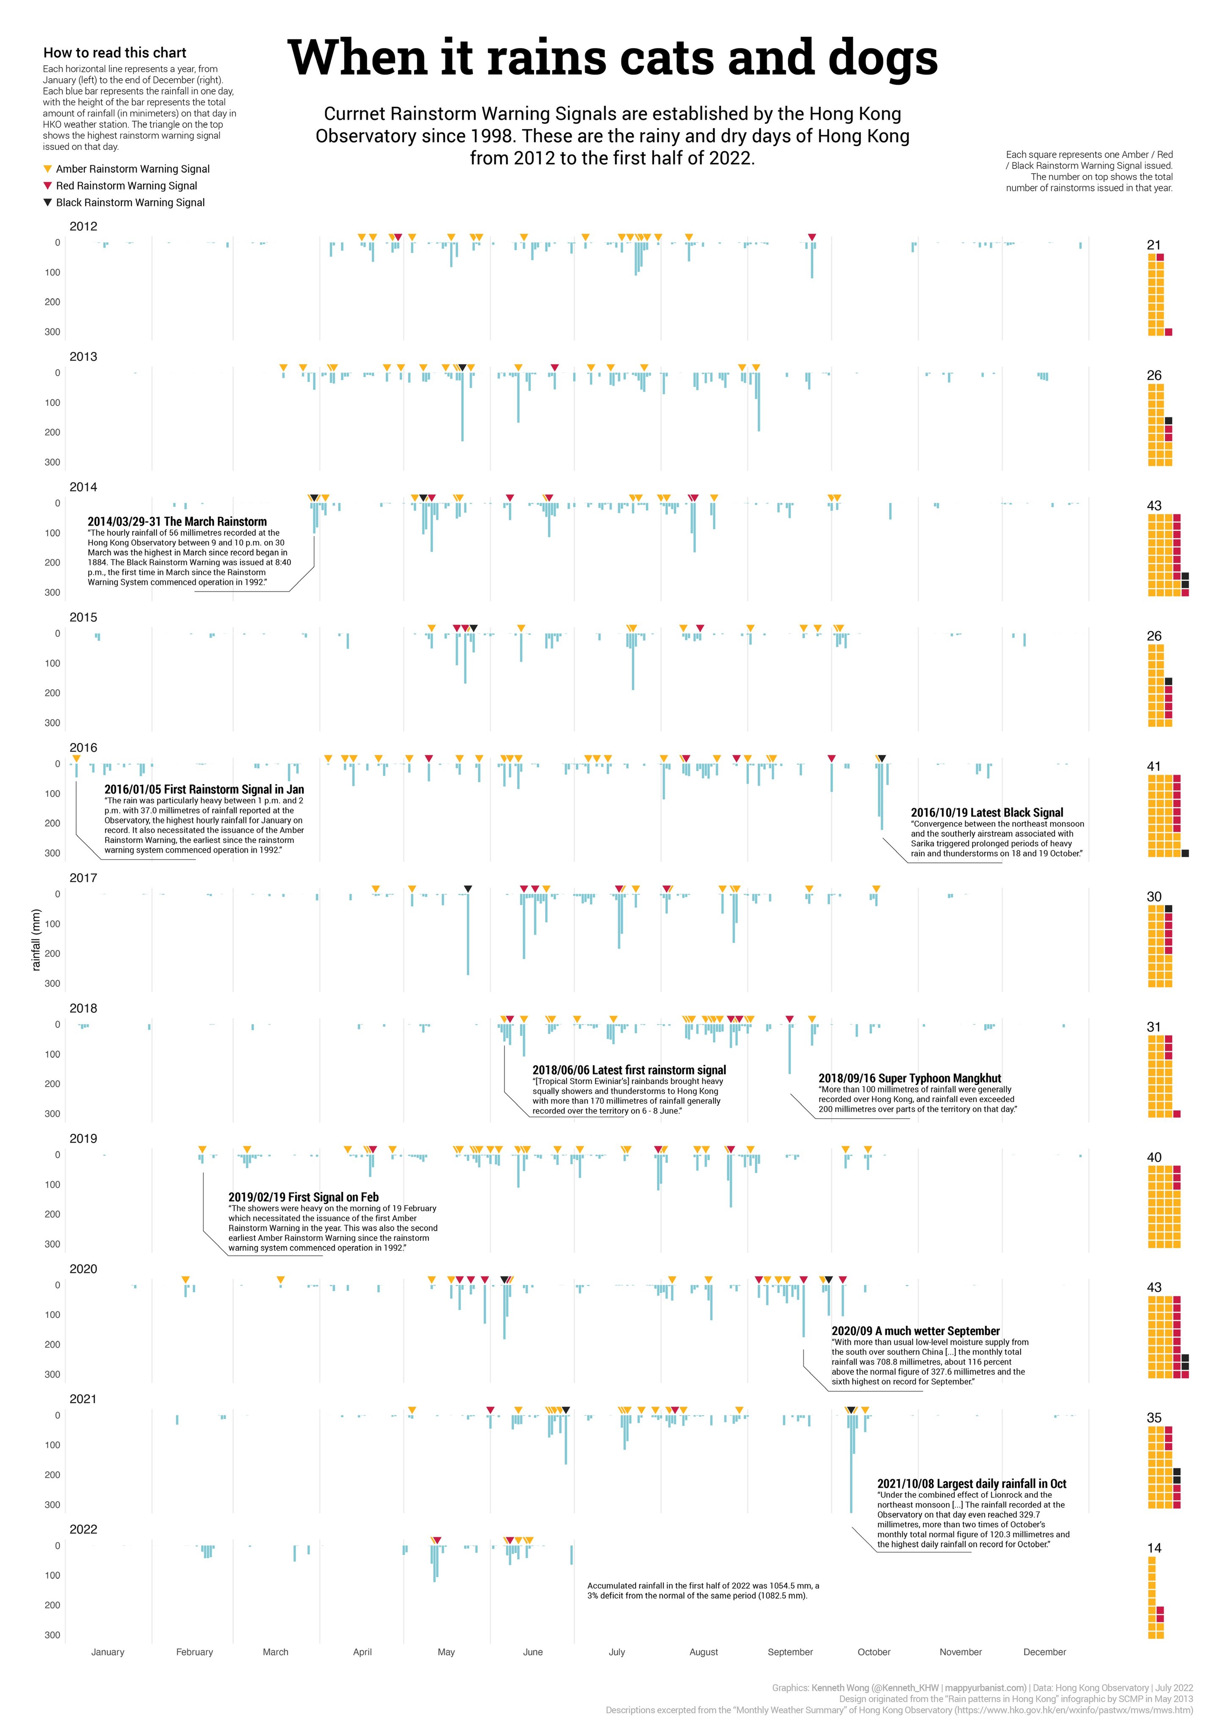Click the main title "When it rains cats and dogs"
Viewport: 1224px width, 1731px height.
click(612, 58)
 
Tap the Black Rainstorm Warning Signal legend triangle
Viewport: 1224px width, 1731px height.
click(48, 202)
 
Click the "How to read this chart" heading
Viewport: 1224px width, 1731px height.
click(115, 53)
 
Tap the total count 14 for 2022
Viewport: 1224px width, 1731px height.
click(1154, 1548)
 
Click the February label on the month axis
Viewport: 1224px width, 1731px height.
click(194, 1652)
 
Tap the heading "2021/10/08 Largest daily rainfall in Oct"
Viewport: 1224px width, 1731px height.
click(971, 1484)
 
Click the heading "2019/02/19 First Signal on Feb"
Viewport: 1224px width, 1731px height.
click(303, 1197)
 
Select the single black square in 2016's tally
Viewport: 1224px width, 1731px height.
click(1185, 853)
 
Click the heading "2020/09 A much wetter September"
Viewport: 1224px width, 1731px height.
click(915, 1331)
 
